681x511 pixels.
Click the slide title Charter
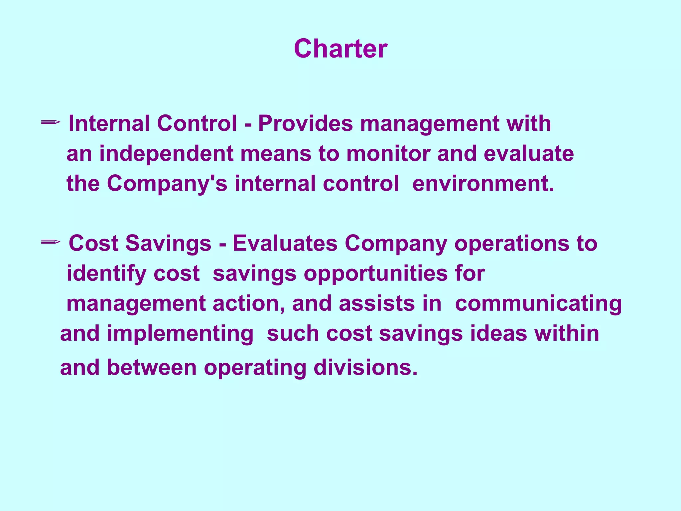point(340,49)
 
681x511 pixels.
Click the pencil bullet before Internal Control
point(51,123)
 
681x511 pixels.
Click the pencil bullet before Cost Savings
point(51,242)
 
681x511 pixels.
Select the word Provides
point(305,124)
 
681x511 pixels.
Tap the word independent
point(166,154)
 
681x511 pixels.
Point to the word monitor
point(388,154)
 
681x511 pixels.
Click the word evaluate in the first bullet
point(528,154)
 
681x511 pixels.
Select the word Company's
point(167,184)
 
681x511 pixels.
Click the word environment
point(483,184)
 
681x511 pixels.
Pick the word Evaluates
point(285,244)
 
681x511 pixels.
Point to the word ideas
point(498,334)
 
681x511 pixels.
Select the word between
point(152,368)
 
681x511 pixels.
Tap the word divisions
point(365,368)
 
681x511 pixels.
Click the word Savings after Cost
point(168,244)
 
